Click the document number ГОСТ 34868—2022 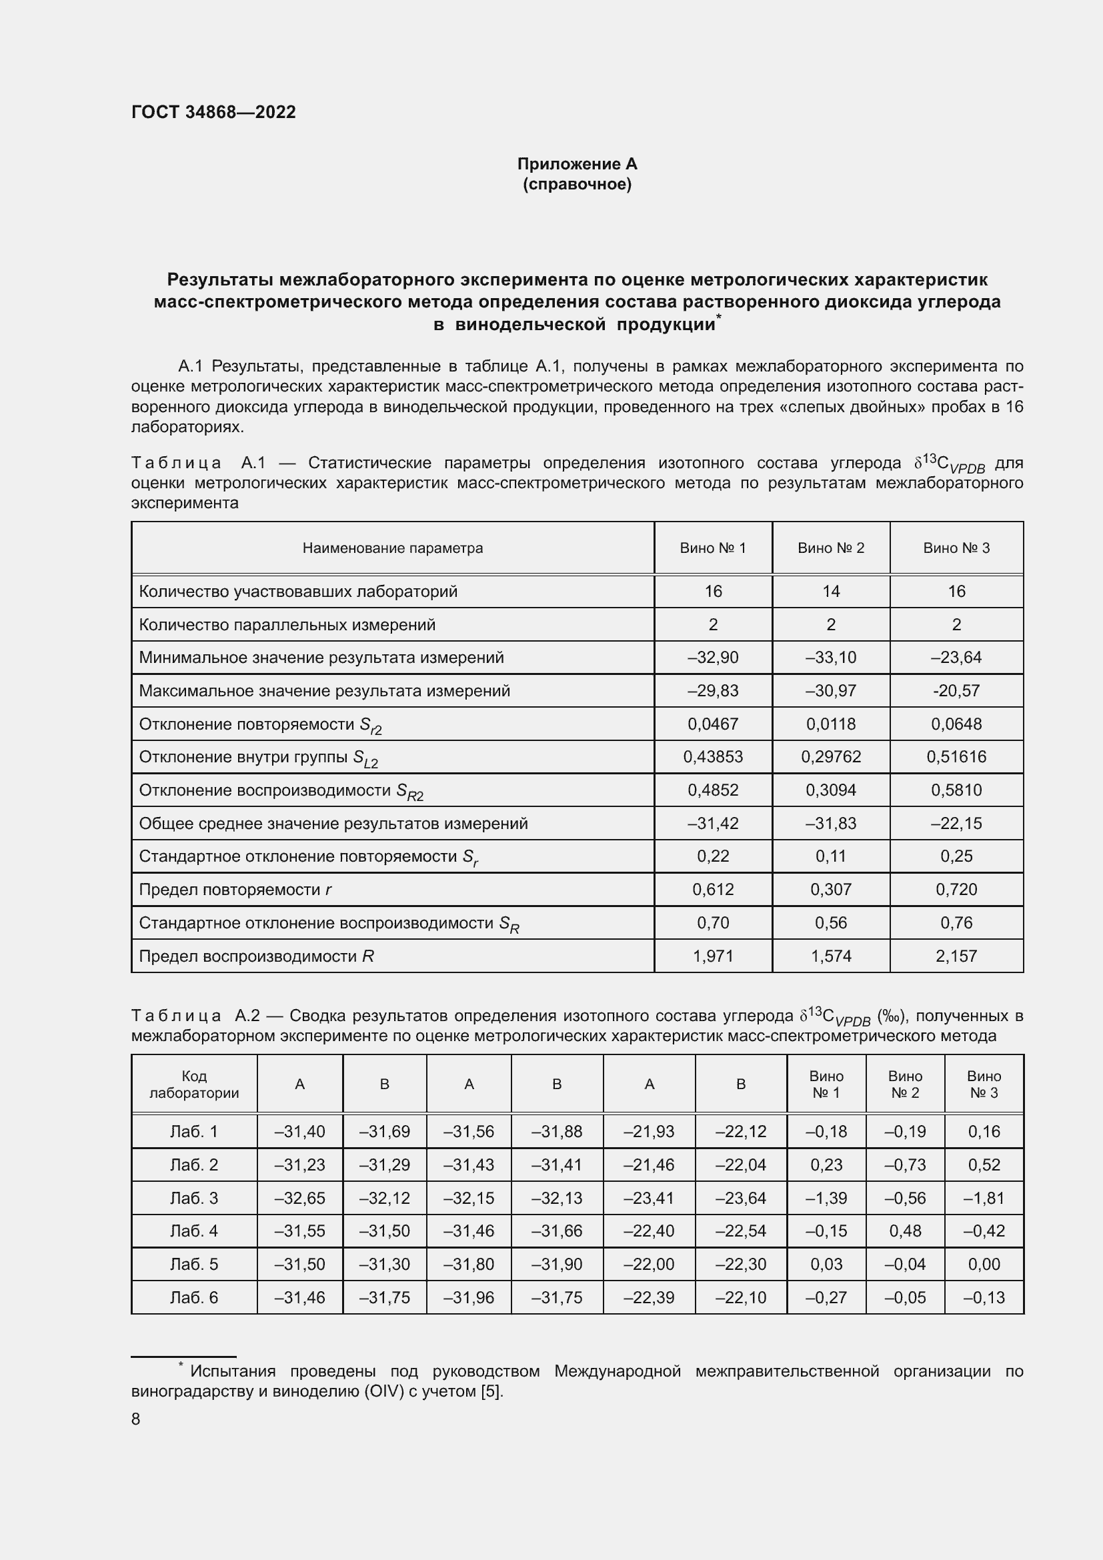coord(213,112)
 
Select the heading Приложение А coord(577,164)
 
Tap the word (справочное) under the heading coord(577,184)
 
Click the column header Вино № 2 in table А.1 coord(831,548)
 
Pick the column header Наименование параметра coord(393,548)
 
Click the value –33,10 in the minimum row coord(831,657)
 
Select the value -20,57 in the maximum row coord(956,690)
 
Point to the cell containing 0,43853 coord(712,756)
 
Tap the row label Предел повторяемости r coord(235,890)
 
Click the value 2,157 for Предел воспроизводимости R coord(956,956)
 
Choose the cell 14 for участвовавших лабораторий coord(831,591)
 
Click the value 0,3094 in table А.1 coord(831,790)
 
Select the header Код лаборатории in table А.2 coord(193,1084)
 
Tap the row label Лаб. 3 coord(193,1198)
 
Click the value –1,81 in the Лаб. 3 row coord(984,1198)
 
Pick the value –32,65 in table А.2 coord(299,1198)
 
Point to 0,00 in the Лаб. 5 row coord(984,1264)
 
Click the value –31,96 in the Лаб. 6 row coord(469,1297)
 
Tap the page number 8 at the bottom coord(136,1419)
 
